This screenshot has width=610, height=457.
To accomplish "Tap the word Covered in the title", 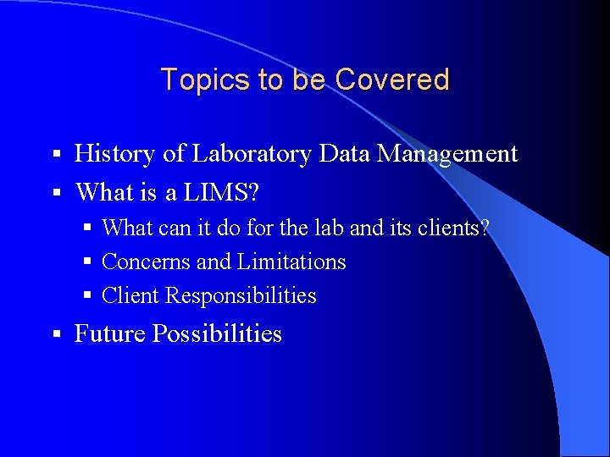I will pyautogui.click(x=391, y=80).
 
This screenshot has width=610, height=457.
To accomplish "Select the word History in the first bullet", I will pyautogui.click(x=114, y=154).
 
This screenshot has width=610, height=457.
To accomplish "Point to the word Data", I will pyautogui.click(x=347, y=154).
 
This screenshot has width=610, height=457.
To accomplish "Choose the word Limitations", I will pyautogui.click(x=291, y=262).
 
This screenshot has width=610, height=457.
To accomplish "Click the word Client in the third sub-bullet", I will pyautogui.click(x=130, y=296).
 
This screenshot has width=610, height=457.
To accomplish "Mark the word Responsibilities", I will pyautogui.click(x=241, y=296).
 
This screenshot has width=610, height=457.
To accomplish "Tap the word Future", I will pyautogui.click(x=110, y=334).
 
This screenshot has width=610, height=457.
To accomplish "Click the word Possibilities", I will pyautogui.click(x=217, y=334).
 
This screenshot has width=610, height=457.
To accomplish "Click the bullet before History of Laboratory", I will pyautogui.click(x=56, y=155).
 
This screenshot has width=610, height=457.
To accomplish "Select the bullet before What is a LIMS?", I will pyautogui.click(x=56, y=194).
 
